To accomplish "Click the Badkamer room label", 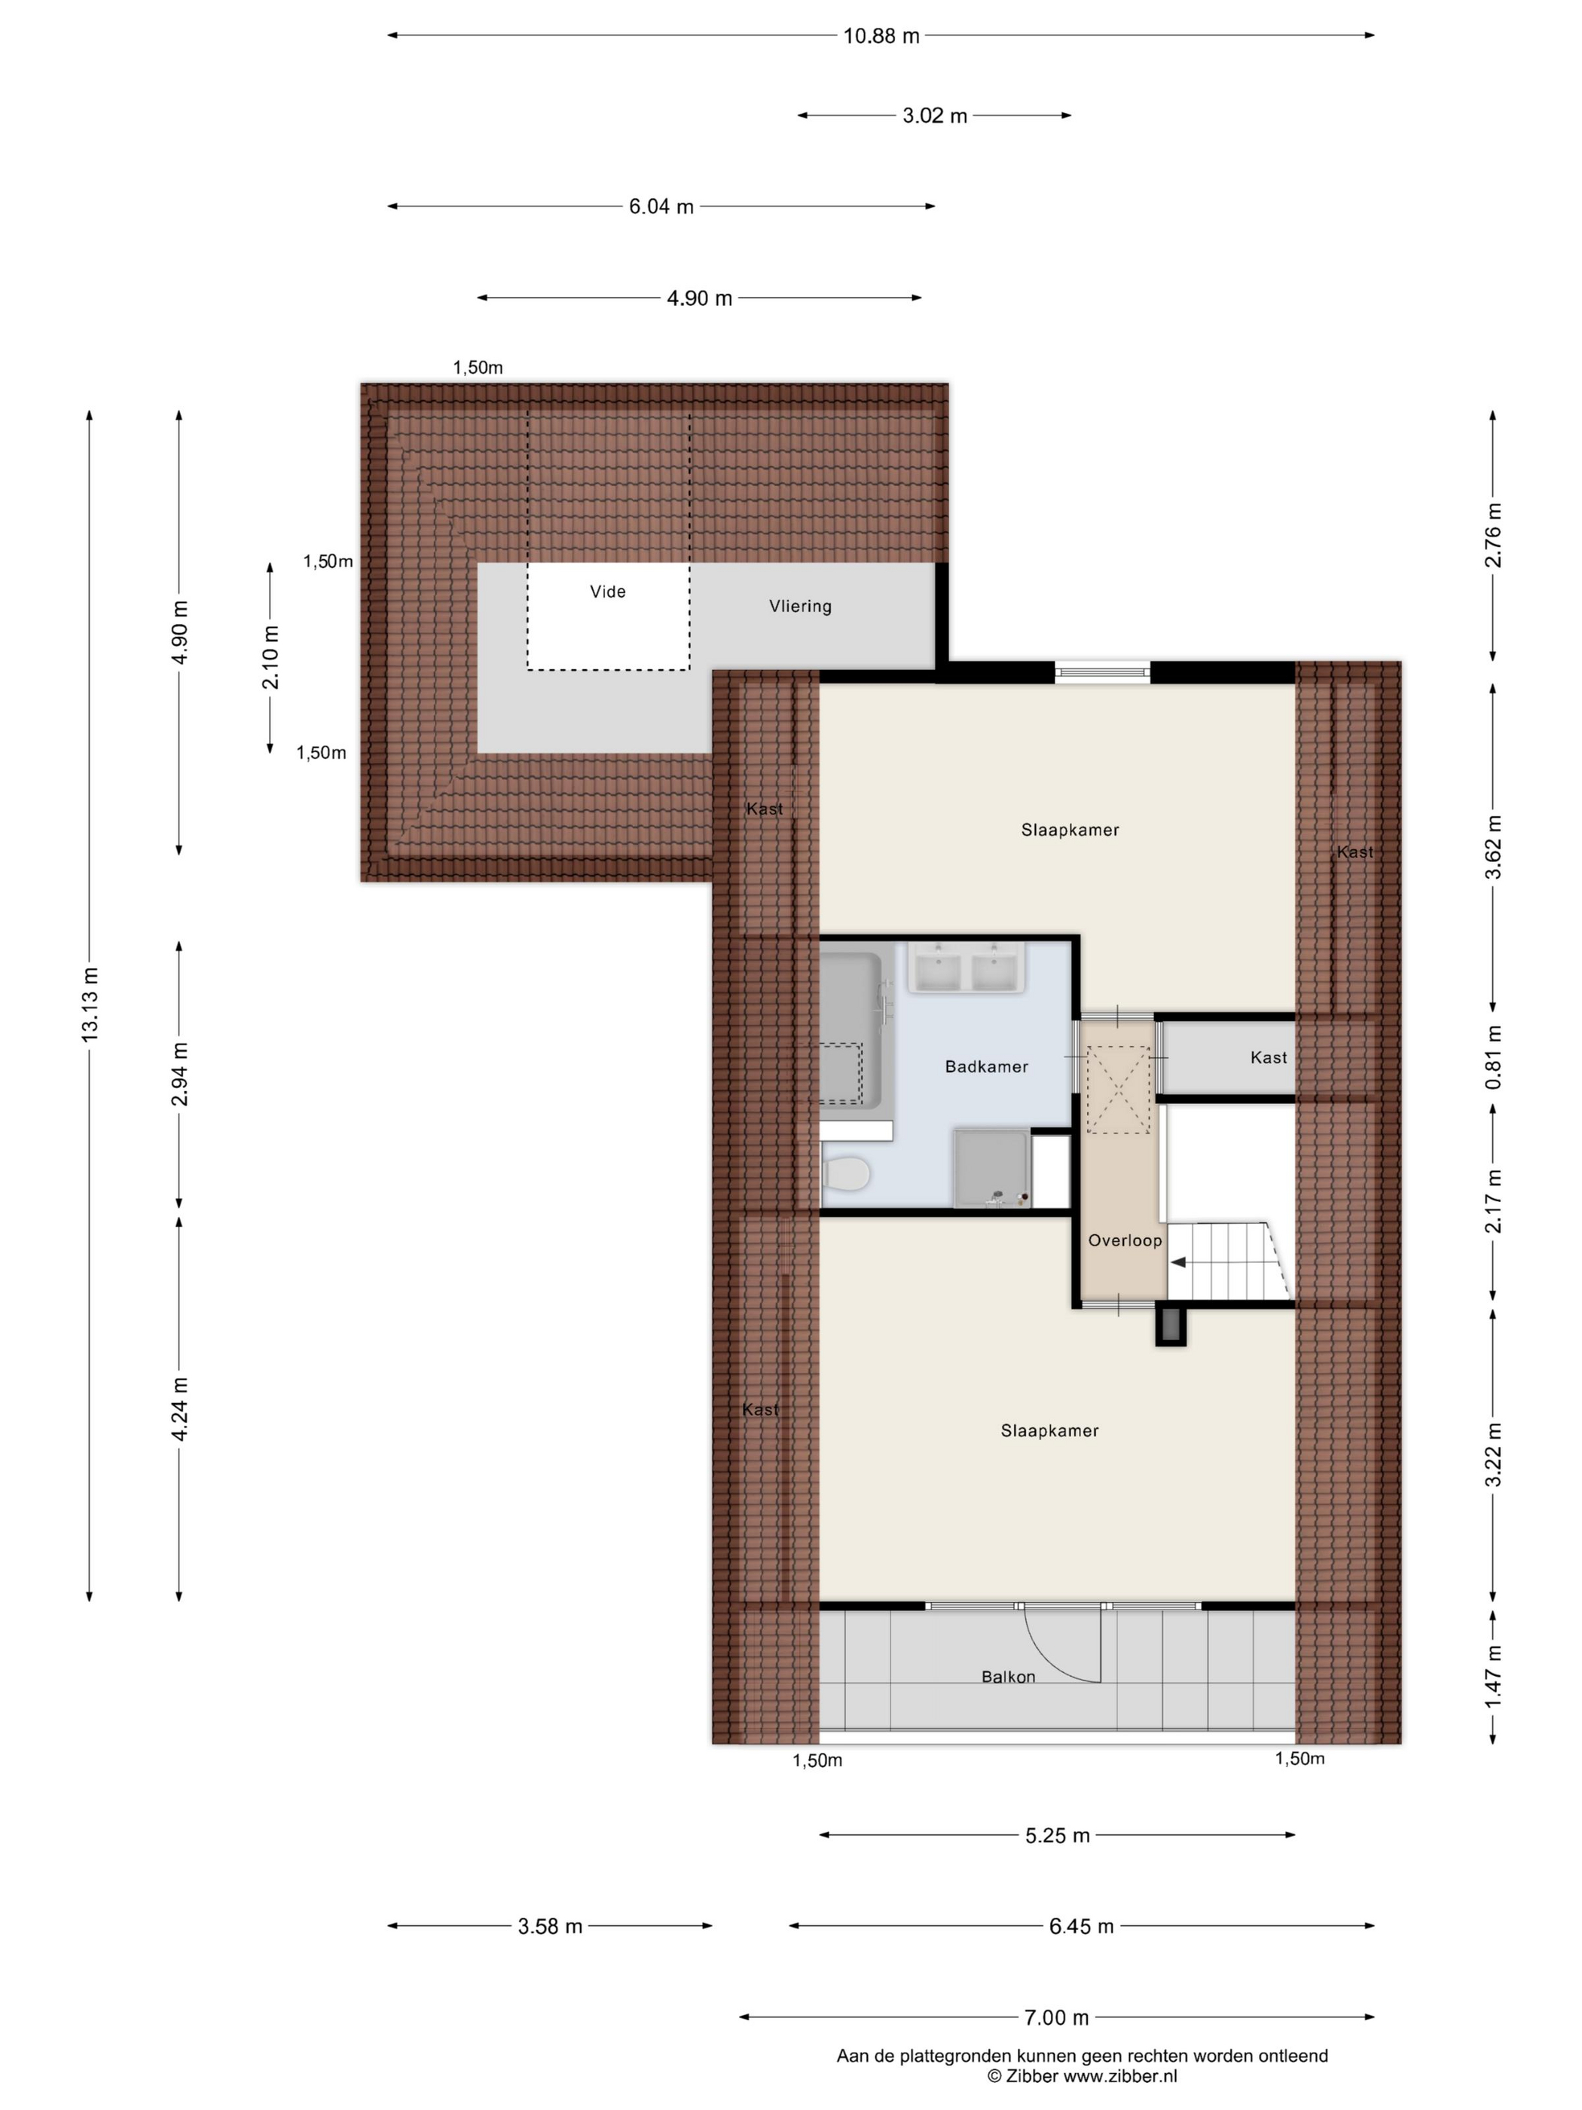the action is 986,1066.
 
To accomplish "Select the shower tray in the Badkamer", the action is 991,1169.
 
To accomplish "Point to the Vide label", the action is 607,592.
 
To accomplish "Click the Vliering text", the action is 800,607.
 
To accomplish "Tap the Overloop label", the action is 1125,1240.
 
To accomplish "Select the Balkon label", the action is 1008,1677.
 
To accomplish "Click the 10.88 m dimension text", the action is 881,36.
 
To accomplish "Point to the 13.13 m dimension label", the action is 90,1004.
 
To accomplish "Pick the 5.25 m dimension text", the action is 1058,1835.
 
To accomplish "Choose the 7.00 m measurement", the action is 1057,2017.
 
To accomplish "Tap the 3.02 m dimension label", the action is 935,116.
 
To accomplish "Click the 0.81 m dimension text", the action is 1495,1058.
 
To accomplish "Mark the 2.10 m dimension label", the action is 270,657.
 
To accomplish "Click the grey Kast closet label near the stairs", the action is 1269,1058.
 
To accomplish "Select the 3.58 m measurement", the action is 550,1926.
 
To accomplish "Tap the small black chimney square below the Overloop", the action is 1171,1325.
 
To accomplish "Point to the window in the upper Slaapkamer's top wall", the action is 1102,672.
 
